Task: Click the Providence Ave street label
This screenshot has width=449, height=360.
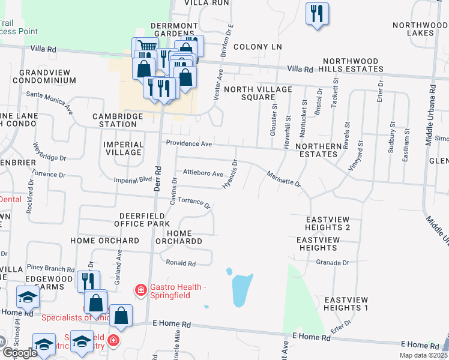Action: tap(189, 144)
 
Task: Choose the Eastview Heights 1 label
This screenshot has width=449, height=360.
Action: tap(346, 304)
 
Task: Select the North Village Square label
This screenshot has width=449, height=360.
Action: tap(258, 93)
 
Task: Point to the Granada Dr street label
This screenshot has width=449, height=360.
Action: tap(333, 263)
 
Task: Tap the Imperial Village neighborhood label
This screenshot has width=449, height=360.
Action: tap(123, 148)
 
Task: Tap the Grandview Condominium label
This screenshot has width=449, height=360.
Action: tap(41, 76)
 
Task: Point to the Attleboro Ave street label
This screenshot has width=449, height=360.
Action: tap(203, 173)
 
